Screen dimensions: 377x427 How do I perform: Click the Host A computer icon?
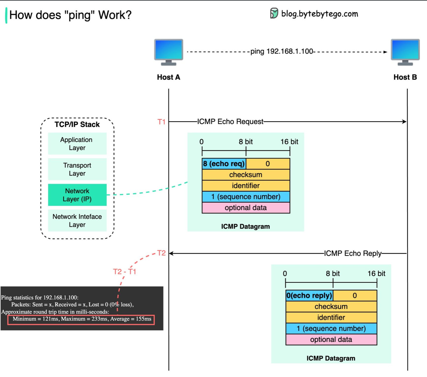(x=168, y=52)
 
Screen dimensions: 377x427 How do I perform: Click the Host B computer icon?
(x=405, y=52)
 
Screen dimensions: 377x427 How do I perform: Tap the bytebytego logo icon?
(x=274, y=13)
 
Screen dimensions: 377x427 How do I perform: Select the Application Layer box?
(x=77, y=144)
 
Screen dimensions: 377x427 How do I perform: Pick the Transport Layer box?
(x=77, y=169)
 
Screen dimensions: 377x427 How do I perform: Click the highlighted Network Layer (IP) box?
(x=77, y=195)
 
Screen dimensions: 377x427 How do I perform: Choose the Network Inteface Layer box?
(x=77, y=221)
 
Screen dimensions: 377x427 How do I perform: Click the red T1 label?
(x=161, y=122)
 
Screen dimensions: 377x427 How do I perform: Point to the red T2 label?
(x=161, y=253)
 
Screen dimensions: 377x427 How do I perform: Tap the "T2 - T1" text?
(x=125, y=272)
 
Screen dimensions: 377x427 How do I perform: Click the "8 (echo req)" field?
(x=224, y=164)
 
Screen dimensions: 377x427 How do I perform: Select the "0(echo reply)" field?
(x=309, y=295)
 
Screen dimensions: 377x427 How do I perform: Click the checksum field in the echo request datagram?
(x=246, y=175)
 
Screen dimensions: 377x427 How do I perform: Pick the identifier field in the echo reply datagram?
(x=331, y=318)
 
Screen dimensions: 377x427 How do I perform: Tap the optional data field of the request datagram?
(x=246, y=208)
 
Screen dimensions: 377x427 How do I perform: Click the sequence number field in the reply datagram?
(x=331, y=328)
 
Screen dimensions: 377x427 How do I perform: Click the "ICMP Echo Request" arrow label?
(x=230, y=121)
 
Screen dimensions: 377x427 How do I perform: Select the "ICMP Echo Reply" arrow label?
(x=353, y=253)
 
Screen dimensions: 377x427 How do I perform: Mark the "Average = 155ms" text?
(x=131, y=319)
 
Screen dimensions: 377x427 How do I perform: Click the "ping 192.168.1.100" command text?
(x=282, y=52)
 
